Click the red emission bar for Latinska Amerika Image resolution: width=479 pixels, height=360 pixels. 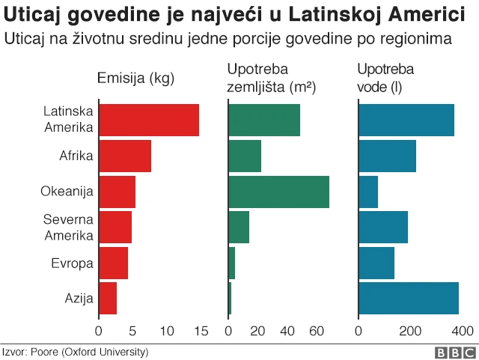148,120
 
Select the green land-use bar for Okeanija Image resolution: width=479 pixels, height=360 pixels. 278,192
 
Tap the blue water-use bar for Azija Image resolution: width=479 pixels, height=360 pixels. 409,298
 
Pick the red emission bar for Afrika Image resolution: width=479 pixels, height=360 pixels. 124,156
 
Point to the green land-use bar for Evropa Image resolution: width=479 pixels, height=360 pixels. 231,263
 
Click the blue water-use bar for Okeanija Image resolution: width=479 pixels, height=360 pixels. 368,192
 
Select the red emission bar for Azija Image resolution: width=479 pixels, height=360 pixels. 108,298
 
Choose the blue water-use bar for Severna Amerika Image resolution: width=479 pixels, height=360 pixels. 383,228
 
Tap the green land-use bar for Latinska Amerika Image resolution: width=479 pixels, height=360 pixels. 264,120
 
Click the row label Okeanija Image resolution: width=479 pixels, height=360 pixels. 67,192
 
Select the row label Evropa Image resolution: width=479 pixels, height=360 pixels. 72,263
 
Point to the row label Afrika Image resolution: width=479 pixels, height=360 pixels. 76,156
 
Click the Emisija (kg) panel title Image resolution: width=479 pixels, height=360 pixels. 135,78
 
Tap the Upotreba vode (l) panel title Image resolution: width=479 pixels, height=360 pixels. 385,78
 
